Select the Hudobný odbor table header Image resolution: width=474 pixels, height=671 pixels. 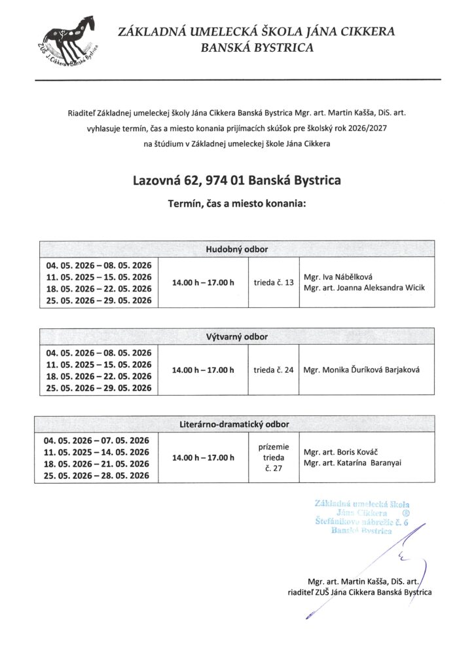(x=237, y=250)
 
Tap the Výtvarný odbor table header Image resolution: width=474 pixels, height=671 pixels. (x=237, y=337)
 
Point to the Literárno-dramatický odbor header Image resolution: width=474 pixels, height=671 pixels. (x=237, y=424)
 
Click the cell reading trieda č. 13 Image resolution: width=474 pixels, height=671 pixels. (x=274, y=282)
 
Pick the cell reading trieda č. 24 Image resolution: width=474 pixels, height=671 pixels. (x=274, y=370)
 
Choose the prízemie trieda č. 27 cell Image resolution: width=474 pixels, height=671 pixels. (x=274, y=457)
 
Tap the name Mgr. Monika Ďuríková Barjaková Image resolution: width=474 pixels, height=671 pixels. (x=361, y=370)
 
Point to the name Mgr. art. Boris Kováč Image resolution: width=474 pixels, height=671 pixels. (x=341, y=451)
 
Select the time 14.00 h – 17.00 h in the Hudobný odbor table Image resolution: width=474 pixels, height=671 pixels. (x=202, y=282)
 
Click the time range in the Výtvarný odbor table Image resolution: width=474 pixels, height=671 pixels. (x=202, y=370)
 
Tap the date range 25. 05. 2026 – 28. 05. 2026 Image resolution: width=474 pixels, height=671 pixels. (x=98, y=476)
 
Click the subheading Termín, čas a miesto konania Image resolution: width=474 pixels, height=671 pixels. (x=236, y=204)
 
